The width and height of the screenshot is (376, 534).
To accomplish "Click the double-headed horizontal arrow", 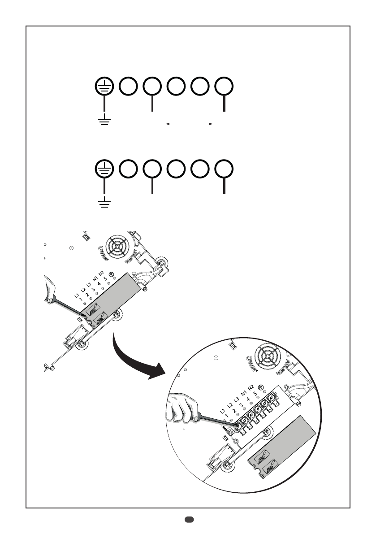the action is click(x=189, y=123).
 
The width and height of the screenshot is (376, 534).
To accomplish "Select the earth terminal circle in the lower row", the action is click(x=104, y=169).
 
